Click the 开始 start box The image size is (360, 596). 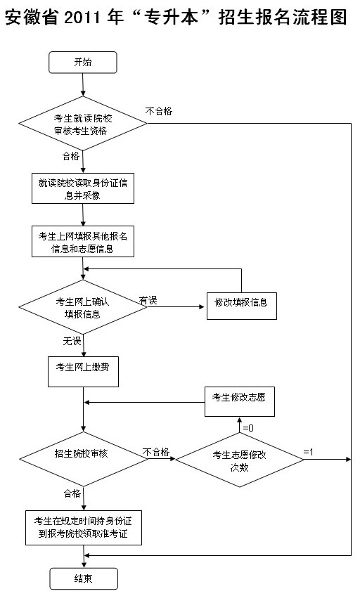click(x=83, y=63)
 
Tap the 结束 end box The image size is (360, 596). click(x=84, y=578)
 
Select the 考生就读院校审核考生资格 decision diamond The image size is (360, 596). click(x=83, y=123)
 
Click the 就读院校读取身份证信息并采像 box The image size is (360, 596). click(x=83, y=188)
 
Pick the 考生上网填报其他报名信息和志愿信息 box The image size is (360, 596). click(x=83, y=242)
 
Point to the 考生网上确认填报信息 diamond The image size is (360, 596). click(x=83, y=307)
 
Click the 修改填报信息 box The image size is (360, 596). click(x=242, y=306)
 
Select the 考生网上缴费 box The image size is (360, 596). click(x=83, y=372)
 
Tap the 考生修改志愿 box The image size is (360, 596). click(x=240, y=402)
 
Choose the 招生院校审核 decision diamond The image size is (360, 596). click(x=84, y=459)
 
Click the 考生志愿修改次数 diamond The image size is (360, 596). click(x=240, y=460)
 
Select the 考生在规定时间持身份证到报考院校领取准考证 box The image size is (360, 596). click(x=84, y=528)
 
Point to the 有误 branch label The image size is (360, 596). click(x=148, y=300)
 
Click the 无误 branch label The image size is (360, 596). click(x=72, y=341)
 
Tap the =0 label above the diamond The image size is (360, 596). click(x=248, y=428)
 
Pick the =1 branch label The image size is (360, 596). click(x=308, y=451)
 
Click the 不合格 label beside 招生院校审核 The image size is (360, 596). click(x=156, y=452)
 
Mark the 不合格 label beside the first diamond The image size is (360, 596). click(x=159, y=111)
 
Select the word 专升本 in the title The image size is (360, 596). click(x=172, y=18)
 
